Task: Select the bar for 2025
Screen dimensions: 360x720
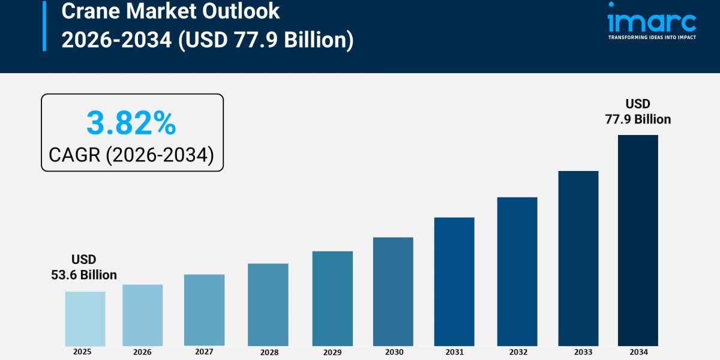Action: tap(85, 319)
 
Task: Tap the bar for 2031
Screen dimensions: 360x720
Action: tap(454, 281)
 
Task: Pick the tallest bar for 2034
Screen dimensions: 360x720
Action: tap(638, 240)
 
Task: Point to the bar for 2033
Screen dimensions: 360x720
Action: tap(578, 258)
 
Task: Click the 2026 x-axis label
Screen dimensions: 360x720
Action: tap(142, 352)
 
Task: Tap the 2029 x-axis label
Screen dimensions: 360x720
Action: tap(332, 352)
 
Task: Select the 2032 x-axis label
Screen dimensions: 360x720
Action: tap(517, 352)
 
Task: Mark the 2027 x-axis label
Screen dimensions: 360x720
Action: tap(204, 352)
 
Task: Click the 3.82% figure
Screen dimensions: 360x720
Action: tap(131, 124)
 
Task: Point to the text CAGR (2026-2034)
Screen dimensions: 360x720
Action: tap(131, 155)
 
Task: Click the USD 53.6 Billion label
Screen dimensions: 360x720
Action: tap(84, 267)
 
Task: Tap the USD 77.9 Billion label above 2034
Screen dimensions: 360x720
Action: tap(638, 112)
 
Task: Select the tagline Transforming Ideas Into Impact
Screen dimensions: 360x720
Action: tap(652, 37)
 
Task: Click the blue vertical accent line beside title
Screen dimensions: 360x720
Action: tap(44, 25)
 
